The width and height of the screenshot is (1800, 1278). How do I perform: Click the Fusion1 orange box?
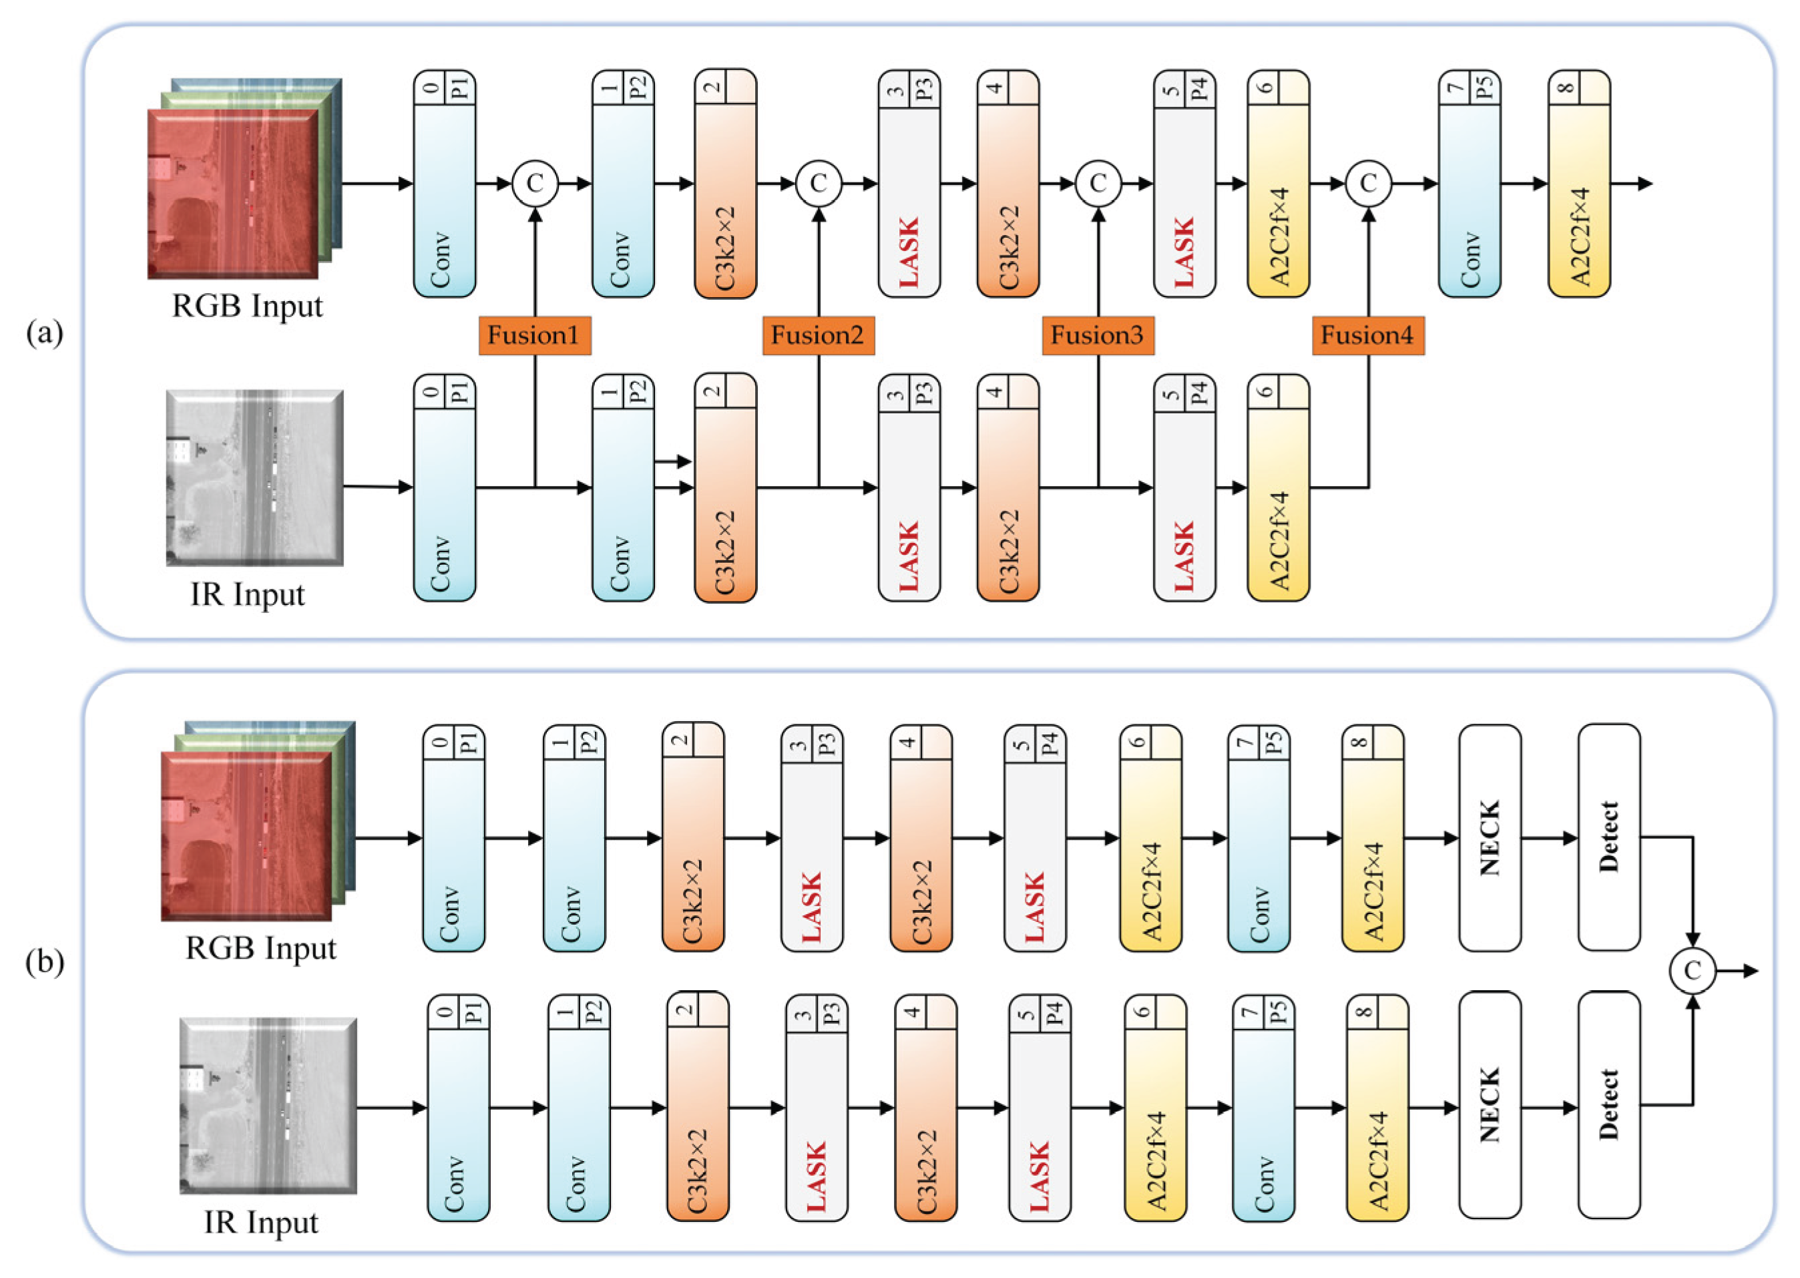pos(534,335)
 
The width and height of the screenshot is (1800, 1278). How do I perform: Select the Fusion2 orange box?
pos(818,335)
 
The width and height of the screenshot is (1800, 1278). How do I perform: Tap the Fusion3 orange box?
pos(1098,335)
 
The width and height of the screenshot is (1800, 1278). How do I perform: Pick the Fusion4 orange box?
pos(1367,335)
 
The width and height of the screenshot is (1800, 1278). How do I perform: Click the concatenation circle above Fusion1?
pos(535,184)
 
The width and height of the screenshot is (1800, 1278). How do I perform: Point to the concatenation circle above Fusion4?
pos(1368,184)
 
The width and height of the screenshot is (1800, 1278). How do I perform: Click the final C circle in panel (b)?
pos(1693,970)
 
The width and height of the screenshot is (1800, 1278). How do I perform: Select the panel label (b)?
pos(45,962)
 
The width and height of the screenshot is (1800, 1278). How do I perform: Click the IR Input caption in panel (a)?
pos(247,595)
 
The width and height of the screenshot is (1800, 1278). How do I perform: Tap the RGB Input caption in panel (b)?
pos(260,948)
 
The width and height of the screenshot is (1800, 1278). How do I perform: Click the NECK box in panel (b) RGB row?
pos(1490,837)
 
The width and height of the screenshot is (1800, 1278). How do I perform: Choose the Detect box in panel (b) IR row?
pos(1609,1105)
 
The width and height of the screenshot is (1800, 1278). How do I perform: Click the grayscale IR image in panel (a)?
pos(254,477)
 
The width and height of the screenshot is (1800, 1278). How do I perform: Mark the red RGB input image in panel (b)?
pos(246,836)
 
